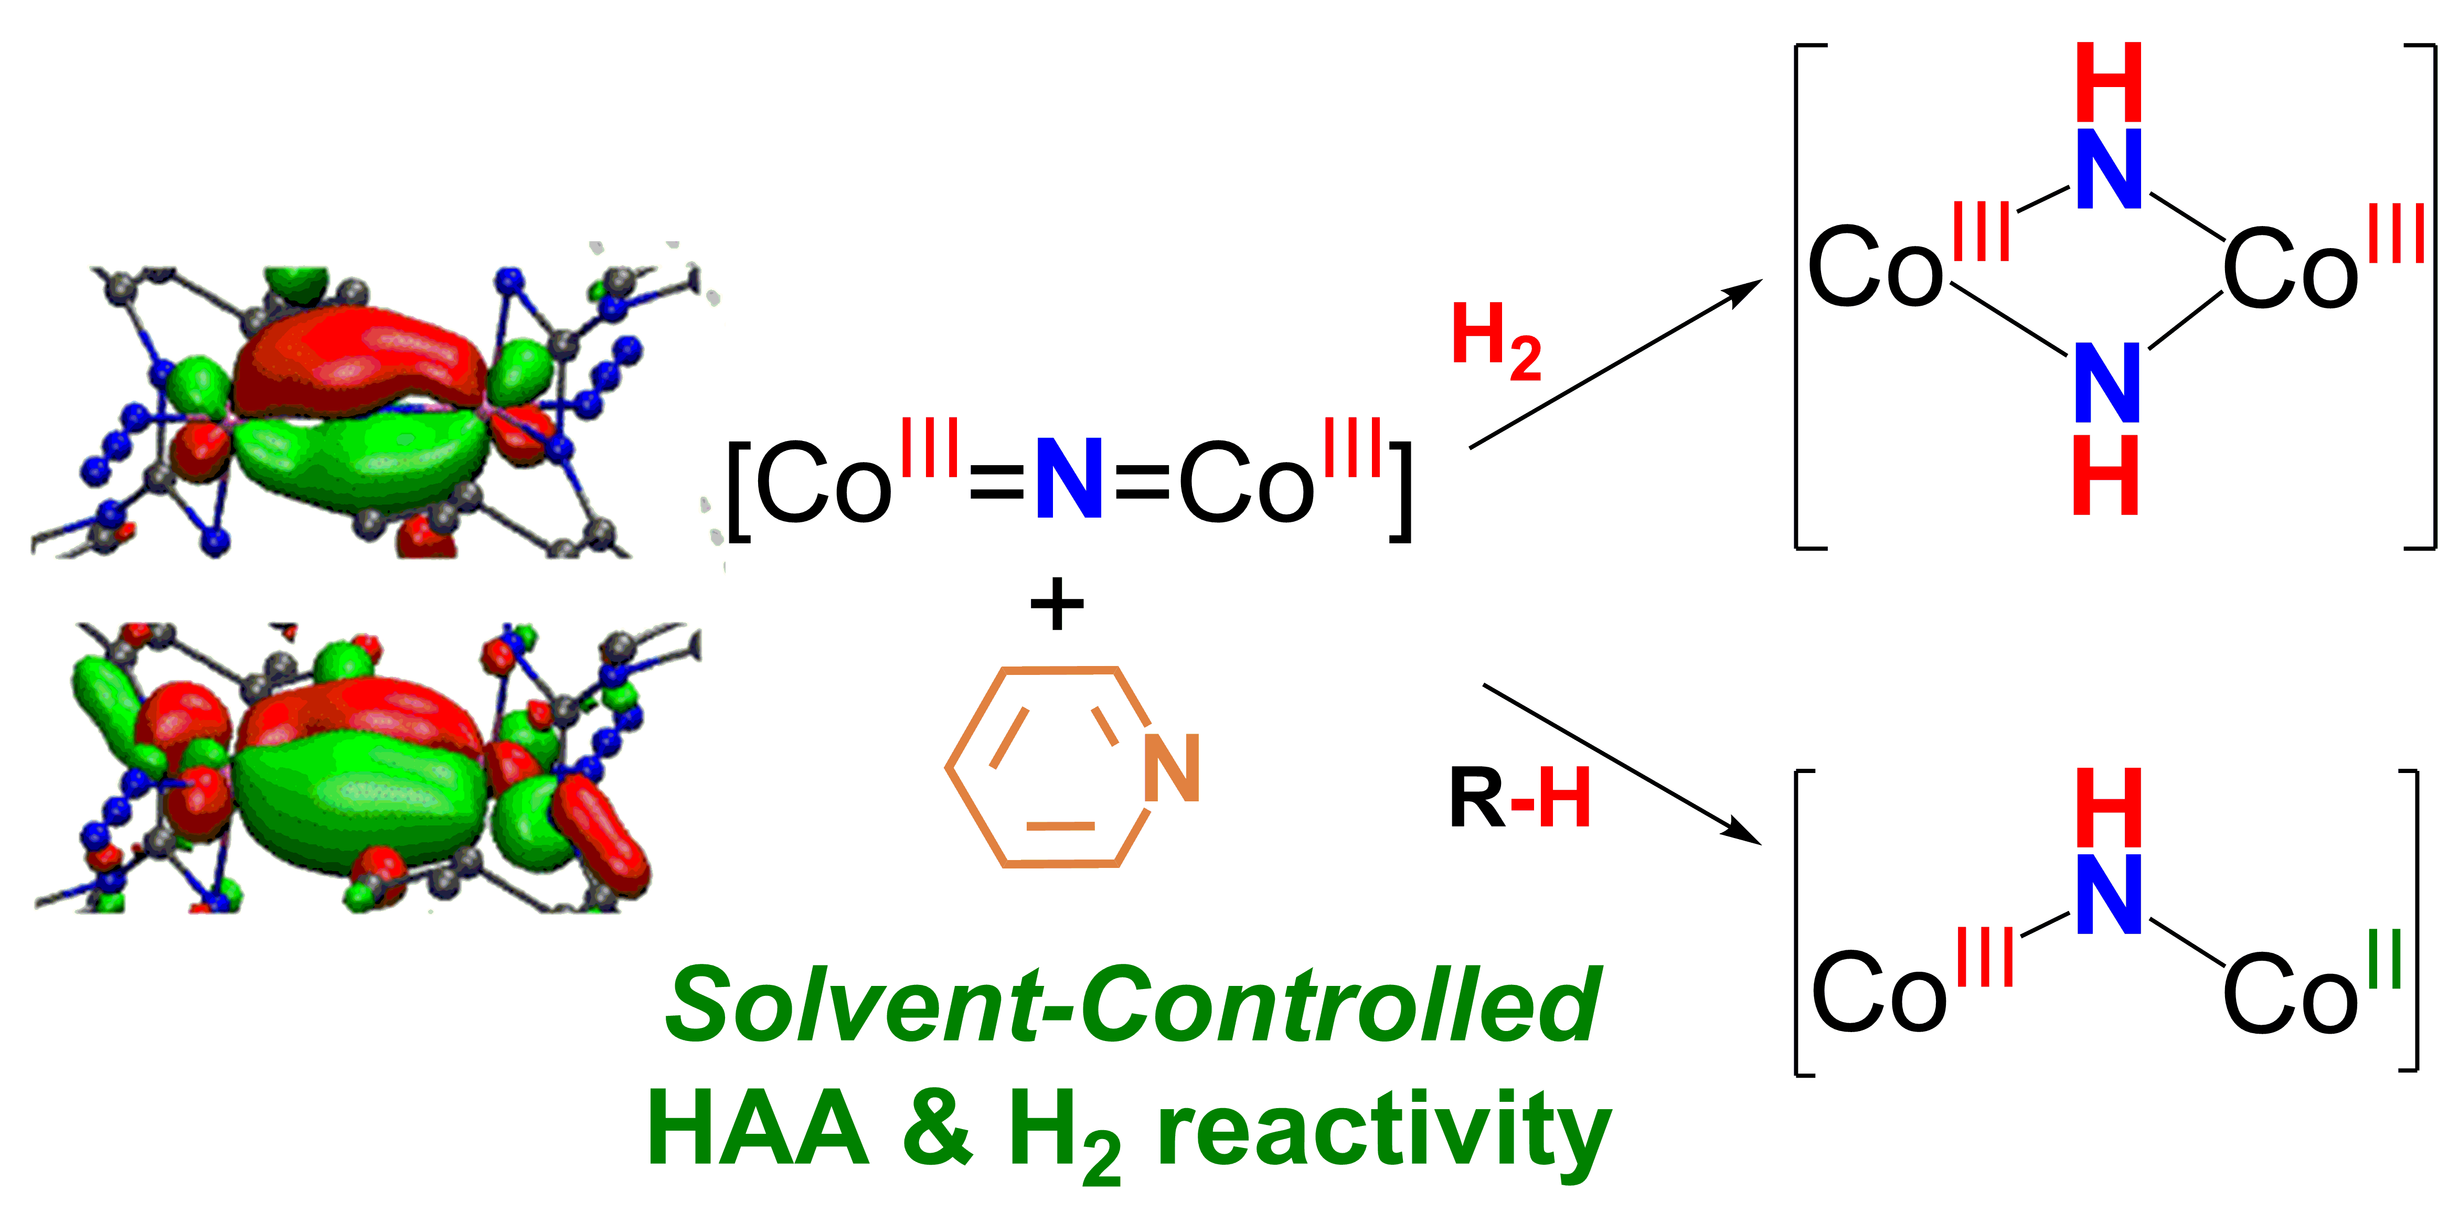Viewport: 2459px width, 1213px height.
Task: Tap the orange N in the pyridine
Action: click(1172, 769)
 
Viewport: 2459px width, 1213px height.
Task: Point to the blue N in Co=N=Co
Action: click(1069, 479)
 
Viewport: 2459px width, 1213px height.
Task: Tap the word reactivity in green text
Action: click(1384, 1131)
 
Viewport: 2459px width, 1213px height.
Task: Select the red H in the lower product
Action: click(2110, 808)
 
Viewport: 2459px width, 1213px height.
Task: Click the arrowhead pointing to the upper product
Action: click(1747, 289)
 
